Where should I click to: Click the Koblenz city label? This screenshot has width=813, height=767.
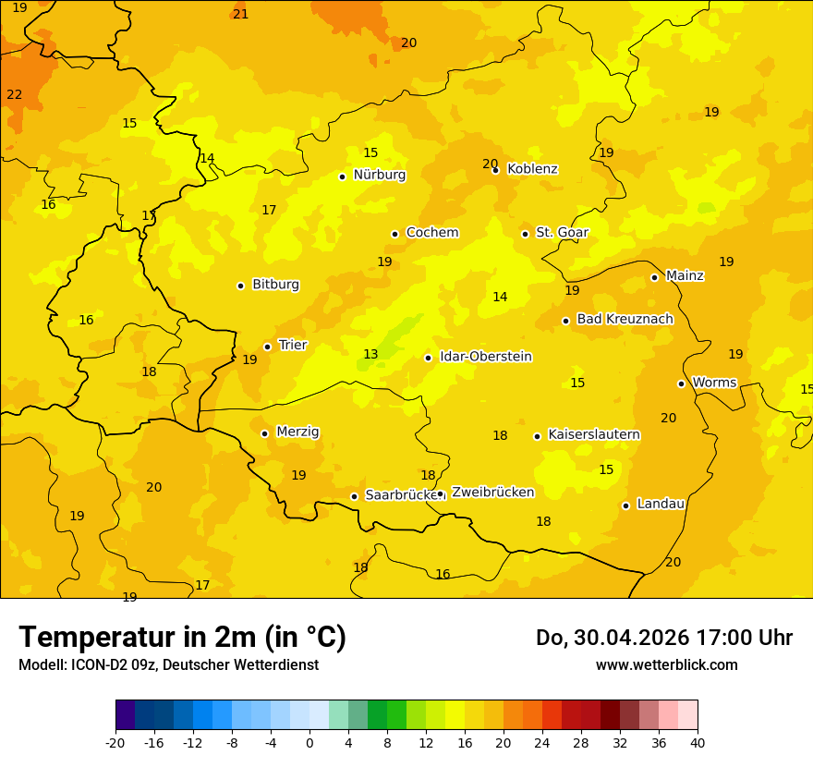pyautogui.click(x=532, y=169)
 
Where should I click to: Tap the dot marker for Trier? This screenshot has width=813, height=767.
pyautogui.click(x=268, y=347)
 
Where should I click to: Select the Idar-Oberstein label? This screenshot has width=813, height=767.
pyautogui.click(x=486, y=357)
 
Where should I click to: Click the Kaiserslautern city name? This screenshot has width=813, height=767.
pyautogui.click(x=594, y=434)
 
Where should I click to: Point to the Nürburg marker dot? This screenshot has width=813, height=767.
pyautogui.click(x=343, y=176)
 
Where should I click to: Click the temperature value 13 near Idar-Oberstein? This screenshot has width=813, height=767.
pyautogui.click(x=370, y=355)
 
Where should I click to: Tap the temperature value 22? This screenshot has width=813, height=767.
pyautogui.click(x=15, y=94)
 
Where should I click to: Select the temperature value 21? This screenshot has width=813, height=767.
pyautogui.click(x=241, y=14)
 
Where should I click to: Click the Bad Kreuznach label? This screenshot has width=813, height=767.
pyautogui.click(x=625, y=319)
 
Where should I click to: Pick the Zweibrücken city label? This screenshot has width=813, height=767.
pyautogui.click(x=492, y=492)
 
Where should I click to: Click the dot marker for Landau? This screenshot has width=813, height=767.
pyautogui.click(x=626, y=505)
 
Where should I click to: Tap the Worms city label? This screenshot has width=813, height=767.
pyautogui.click(x=714, y=382)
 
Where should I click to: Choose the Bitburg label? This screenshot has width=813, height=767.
pyautogui.click(x=275, y=285)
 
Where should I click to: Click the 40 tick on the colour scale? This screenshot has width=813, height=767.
pyautogui.click(x=698, y=742)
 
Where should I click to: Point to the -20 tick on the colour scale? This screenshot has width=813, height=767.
pyautogui.click(x=115, y=742)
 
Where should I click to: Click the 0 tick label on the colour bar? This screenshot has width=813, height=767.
pyautogui.click(x=309, y=742)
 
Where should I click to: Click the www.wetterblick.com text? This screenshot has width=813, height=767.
pyautogui.click(x=666, y=664)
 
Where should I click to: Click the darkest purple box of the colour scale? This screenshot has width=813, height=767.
pyautogui.click(x=125, y=714)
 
